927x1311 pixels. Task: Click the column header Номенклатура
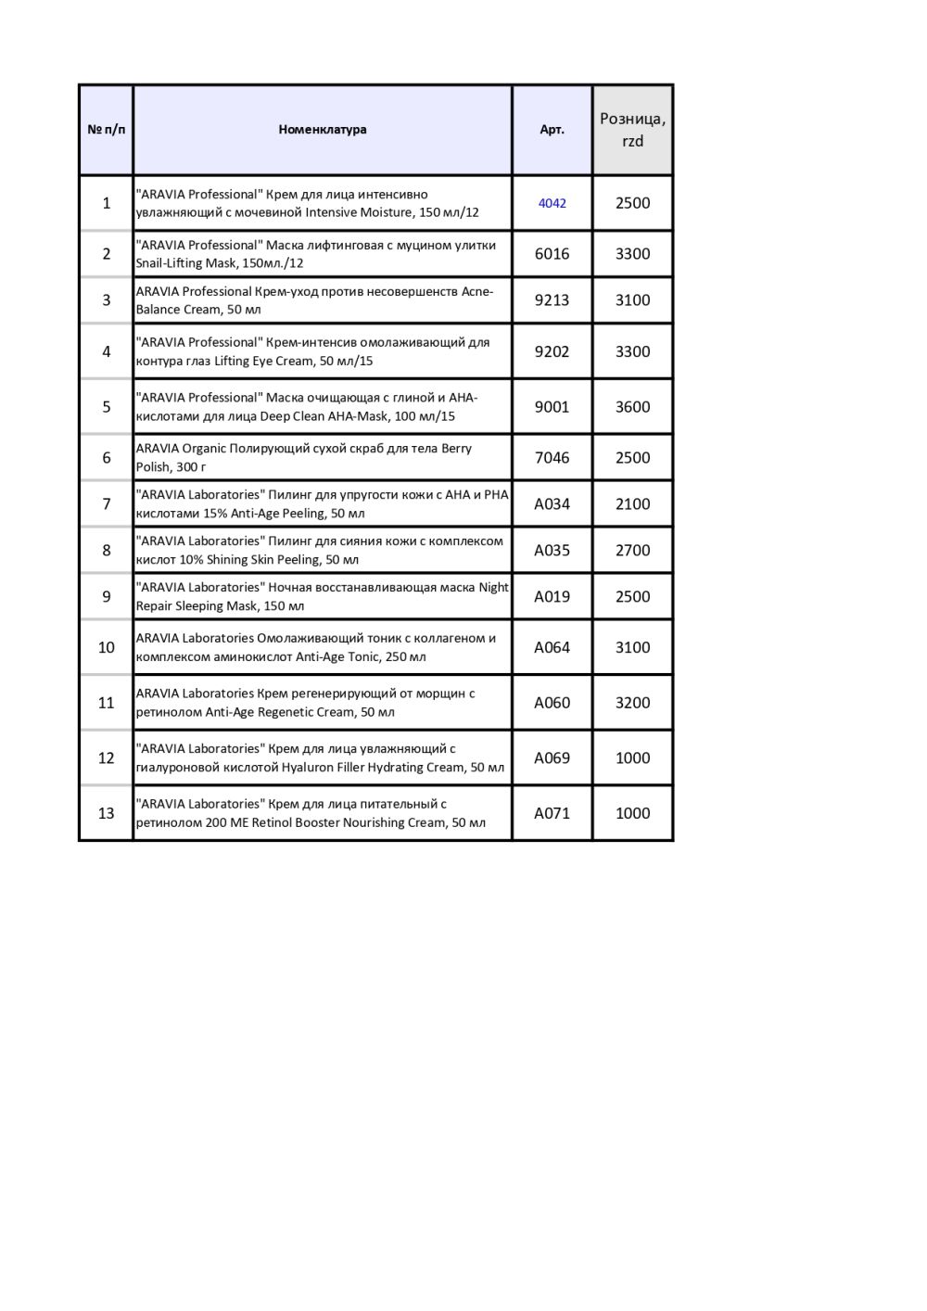pyautogui.click(x=322, y=130)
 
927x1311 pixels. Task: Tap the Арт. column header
pyautogui.click(x=552, y=130)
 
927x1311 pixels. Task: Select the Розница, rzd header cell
pyautogui.click(x=632, y=130)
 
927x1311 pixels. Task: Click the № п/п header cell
pyautogui.click(x=106, y=130)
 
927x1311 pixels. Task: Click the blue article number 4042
pyautogui.click(x=552, y=203)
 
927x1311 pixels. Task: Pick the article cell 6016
pyautogui.click(x=552, y=254)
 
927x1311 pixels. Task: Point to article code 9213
pyautogui.click(x=552, y=300)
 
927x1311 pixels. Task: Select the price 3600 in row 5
pyautogui.click(x=632, y=407)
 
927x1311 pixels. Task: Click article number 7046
pyautogui.click(x=552, y=458)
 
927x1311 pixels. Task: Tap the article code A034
pyautogui.click(x=552, y=504)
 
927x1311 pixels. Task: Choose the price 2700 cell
pyautogui.click(x=632, y=551)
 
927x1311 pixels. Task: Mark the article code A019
pyautogui.click(x=552, y=597)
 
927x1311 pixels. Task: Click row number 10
pyautogui.click(x=106, y=648)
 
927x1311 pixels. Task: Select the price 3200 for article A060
pyautogui.click(x=632, y=703)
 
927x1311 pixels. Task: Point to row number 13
pyautogui.click(x=106, y=813)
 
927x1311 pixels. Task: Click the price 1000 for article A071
pyautogui.click(x=632, y=813)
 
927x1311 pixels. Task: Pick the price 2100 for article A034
pyautogui.click(x=632, y=504)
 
